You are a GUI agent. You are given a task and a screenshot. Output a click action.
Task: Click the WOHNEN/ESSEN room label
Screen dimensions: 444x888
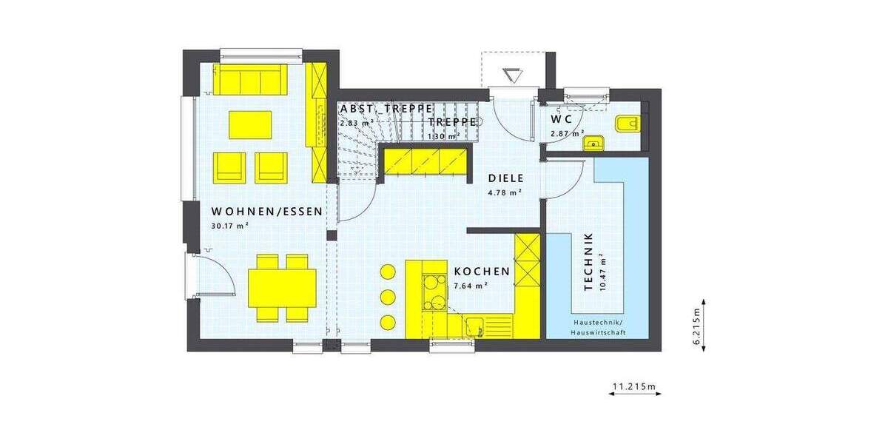[x=266, y=211]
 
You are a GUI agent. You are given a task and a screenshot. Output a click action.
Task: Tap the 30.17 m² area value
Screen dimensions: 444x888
[x=229, y=226]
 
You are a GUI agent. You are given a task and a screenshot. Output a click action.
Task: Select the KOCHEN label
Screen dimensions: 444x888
[x=482, y=272]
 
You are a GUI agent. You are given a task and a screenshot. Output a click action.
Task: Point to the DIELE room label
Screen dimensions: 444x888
[x=505, y=178]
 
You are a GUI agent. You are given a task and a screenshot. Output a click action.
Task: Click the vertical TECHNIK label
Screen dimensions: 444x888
[x=589, y=262]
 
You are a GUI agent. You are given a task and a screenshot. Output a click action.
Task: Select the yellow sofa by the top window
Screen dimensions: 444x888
[x=251, y=79]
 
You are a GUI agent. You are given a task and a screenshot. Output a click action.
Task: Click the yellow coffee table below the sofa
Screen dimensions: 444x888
[x=250, y=124]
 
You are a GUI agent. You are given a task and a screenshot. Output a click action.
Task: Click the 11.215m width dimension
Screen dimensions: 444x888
[x=635, y=386]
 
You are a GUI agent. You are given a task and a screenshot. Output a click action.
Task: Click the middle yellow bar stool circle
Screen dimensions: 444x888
[x=388, y=297]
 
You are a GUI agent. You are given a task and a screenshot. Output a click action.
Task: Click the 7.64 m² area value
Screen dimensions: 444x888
[x=471, y=285]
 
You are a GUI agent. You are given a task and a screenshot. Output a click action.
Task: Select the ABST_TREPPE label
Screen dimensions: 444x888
[x=386, y=109]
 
